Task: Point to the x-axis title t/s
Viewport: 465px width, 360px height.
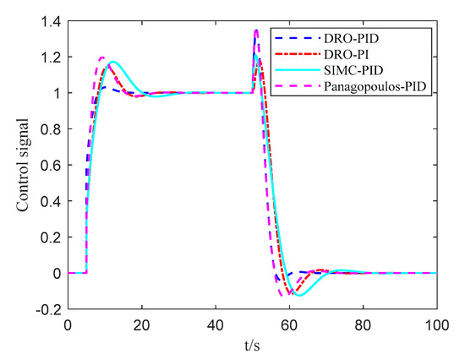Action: pyautogui.click(x=252, y=347)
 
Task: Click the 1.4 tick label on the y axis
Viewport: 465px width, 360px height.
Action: pyautogui.click(x=46, y=21)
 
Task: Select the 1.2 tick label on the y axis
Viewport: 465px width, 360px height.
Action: pyautogui.click(x=46, y=57)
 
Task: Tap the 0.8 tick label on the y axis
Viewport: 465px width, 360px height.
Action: pyautogui.click(x=46, y=129)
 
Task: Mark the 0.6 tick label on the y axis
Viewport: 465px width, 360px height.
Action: pyautogui.click(x=46, y=166)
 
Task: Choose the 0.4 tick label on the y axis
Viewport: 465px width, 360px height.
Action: pyautogui.click(x=46, y=201)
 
